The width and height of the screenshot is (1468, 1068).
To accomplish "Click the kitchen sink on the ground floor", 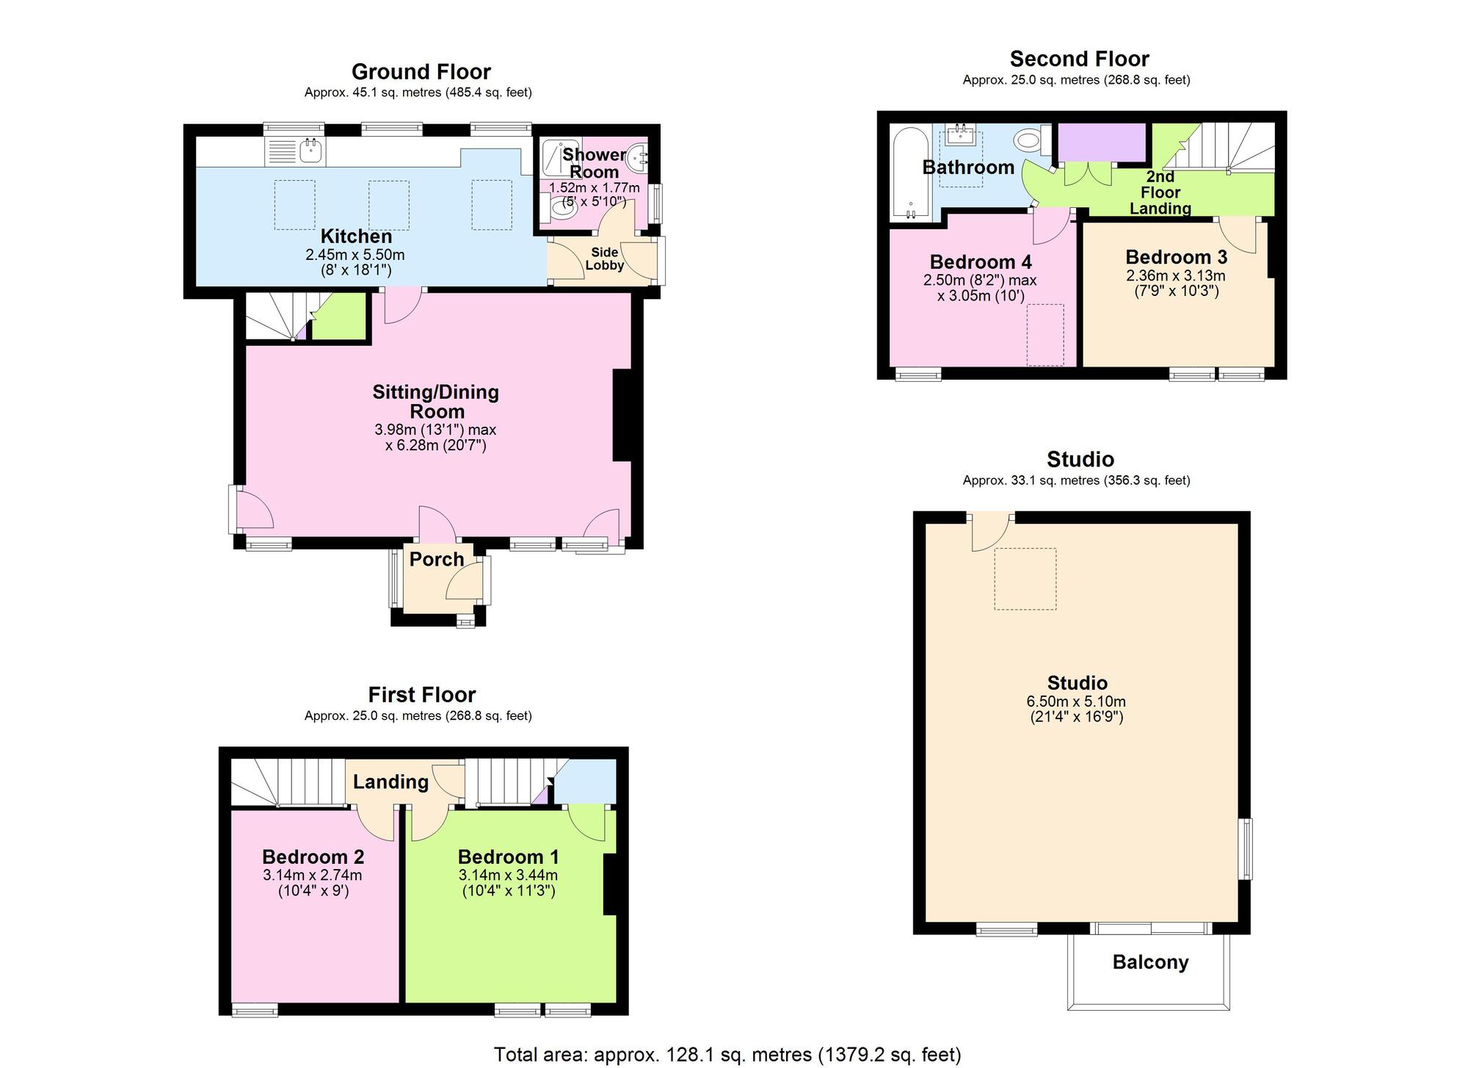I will click(x=310, y=152).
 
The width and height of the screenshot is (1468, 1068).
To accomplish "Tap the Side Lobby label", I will click(x=605, y=259).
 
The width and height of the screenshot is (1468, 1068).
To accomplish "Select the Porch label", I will click(x=437, y=559).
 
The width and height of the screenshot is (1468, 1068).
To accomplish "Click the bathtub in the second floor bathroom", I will click(x=911, y=174).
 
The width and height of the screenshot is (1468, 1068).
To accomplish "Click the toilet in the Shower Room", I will click(x=563, y=210).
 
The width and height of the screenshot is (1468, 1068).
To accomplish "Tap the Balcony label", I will click(x=1150, y=962).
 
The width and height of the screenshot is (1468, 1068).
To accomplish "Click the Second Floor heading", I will click(x=1079, y=59).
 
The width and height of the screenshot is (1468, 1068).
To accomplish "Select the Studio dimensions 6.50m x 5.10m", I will click(x=1076, y=701).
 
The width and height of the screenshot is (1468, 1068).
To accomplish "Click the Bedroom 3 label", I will click(x=1176, y=257).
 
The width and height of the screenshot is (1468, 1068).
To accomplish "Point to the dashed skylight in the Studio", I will click(x=1025, y=579).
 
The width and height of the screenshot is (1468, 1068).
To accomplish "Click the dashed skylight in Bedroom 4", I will click(x=1044, y=335).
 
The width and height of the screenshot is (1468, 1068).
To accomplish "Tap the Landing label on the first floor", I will click(x=390, y=782).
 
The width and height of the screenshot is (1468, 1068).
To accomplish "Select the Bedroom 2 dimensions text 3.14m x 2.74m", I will click(x=312, y=875).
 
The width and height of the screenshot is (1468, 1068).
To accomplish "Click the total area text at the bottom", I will click(x=727, y=1055).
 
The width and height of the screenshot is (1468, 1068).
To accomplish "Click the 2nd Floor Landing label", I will click(x=1160, y=192).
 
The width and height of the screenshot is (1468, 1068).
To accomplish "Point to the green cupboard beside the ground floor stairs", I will click(x=339, y=317).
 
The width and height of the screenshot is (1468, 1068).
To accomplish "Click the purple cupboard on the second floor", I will click(x=1101, y=142).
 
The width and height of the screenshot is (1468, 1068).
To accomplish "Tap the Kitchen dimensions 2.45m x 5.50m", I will click(x=355, y=255).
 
